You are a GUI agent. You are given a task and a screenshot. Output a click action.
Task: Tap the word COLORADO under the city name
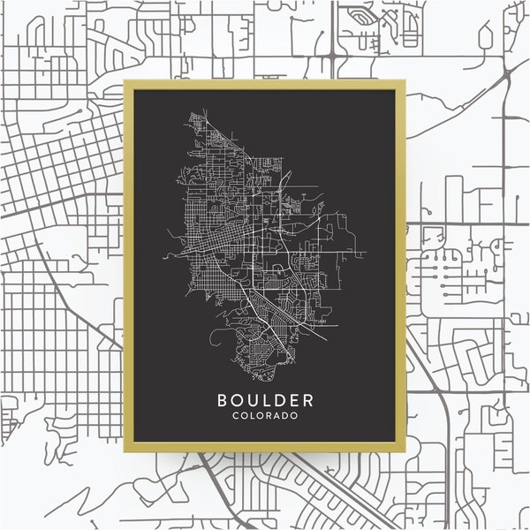[267, 415]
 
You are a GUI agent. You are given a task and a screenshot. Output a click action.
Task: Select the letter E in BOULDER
[295, 400]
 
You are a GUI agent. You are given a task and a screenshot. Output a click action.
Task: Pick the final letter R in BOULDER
[308, 400]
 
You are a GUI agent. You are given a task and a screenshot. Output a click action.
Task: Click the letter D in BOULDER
[281, 400]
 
